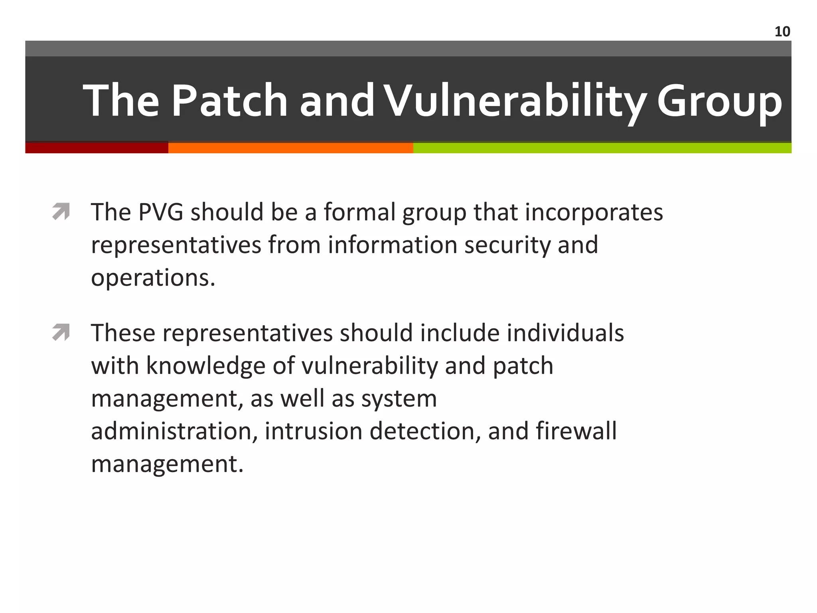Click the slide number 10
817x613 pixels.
point(782,32)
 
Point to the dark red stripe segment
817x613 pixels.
point(97,148)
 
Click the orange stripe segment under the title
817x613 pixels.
point(290,148)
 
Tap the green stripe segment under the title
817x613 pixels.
point(602,148)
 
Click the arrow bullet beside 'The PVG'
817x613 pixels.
point(61,212)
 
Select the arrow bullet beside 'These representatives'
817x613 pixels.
point(61,332)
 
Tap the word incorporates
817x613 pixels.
point(594,212)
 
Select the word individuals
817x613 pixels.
point(565,333)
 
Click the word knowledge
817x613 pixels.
point(205,366)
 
